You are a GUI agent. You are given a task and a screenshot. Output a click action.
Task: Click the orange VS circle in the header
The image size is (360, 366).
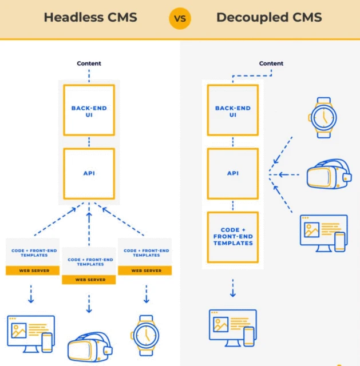[x=180, y=18]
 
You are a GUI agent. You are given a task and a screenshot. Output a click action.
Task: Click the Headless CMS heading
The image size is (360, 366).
[x=90, y=18]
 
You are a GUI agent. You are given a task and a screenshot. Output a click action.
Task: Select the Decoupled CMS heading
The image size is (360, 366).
[x=269, y=18]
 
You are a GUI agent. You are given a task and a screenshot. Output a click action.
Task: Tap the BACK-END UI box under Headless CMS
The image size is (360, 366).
[x=89, y=110]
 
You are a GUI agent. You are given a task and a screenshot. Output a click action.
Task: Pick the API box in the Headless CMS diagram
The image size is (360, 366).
[x=89, y=173]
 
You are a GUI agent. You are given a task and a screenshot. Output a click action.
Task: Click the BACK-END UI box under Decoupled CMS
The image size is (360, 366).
[x=232, y=111]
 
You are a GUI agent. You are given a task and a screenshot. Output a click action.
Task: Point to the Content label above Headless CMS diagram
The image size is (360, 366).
[x=89, y=63]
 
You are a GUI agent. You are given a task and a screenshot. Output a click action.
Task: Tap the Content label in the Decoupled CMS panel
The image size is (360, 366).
[x=271, y=63]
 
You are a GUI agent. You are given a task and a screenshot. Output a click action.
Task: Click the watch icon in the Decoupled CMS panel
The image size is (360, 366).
[x=323, y=117]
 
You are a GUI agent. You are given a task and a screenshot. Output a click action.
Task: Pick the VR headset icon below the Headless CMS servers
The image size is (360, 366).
[x=90, y=347]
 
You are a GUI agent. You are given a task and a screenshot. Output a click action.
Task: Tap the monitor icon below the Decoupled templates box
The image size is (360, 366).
[x=232, y=328]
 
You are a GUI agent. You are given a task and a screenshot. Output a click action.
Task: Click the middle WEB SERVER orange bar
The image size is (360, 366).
[x=88, y=280]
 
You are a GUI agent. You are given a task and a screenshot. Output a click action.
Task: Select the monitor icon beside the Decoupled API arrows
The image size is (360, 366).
[x=323, y=233]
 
